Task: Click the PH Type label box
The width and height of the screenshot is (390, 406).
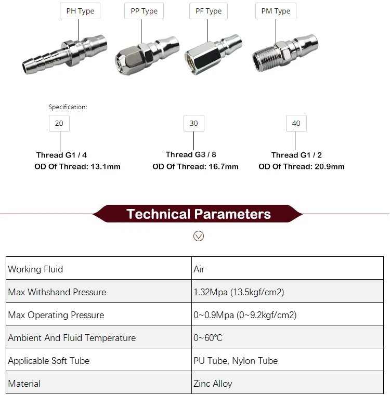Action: click(x=80, y=11)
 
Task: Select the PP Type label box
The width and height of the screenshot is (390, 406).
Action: click(x=144, y=11)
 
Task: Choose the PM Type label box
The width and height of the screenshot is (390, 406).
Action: click(x=276, y=11)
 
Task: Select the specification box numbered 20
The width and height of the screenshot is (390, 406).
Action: click(x=59, y=123)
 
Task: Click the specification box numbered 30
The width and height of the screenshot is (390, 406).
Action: click(x=193, y=123)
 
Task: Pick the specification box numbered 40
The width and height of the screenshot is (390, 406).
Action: click(x=296, y=123)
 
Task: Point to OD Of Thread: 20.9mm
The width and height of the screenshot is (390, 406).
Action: click(x=301, y=166)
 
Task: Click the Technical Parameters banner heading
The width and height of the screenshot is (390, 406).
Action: click(x=198, y=214)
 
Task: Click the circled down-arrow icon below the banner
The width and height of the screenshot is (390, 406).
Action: click(x=198, y=236)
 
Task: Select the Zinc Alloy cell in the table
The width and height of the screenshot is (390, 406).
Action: click(x=213, y=384)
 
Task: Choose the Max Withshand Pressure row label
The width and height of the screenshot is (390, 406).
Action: click(x=57, y=292)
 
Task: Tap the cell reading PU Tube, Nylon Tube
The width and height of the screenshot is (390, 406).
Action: click(x=236, y=361)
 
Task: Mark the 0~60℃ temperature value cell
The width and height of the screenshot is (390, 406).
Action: click(x=208, y=338)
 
